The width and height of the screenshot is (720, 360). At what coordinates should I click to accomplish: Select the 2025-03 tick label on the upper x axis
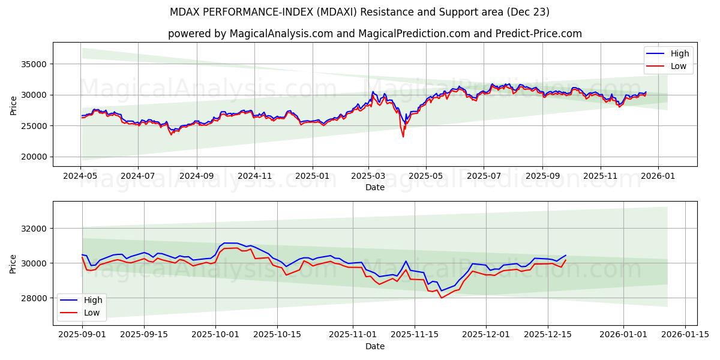tap(368, 177)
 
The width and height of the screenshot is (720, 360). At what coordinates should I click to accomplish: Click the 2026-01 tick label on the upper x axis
tap(658, 177)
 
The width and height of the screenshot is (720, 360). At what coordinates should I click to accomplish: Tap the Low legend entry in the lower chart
tap(91, 313)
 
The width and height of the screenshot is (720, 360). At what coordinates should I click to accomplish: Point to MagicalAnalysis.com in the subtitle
tap(281, 34)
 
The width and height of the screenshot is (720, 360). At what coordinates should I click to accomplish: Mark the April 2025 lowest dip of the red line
tap(403, 137)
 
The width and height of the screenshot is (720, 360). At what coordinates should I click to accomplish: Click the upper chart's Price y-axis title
tap(14, 104)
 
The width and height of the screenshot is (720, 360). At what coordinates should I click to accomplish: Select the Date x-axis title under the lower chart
tap(375, 346)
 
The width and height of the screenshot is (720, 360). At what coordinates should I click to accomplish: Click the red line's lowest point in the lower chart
tap(442, 298)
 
